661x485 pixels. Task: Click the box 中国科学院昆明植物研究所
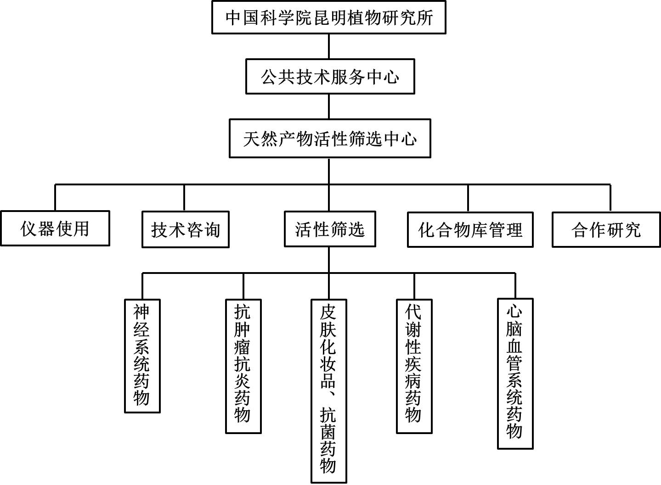pyautogui.click(x=328, y=17)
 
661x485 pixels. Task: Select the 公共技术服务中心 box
pyautogui.click(x=330, y=77)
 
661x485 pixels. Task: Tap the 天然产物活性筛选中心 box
pyautogui.click(x=330, y=139)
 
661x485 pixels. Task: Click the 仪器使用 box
pyautogui.click(x=55, y=229)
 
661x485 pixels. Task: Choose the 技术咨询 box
pyautogui.click(x=185, y=229)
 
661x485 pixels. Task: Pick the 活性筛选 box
pyautogui.click(x=329, y=229)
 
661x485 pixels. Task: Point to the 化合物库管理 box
pyautogui.click(x=470, y=229)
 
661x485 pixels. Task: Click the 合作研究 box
pyautogui.click(x=606, y=229)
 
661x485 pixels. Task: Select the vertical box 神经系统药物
pyautogui.click(x=142, y=356)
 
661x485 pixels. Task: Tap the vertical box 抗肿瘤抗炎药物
pyautogui.click(x=243, y=366)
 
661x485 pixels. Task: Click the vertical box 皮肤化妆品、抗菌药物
pyautogui.click(x=328, y=391)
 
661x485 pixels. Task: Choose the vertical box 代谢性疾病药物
pyautogui.click(x=414, y=366)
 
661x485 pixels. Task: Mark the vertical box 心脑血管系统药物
pyautogui.click(x=515, y=374)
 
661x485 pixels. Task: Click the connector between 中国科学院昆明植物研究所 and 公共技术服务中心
pyautogui.click(x=329, y=46)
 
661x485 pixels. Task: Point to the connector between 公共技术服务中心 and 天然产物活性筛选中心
pyautogui.click(x=329, y=106)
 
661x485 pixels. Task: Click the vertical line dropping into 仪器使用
pyautogui.click(x=55, y=198)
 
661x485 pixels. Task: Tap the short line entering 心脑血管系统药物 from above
pyautogui.click(x=515, y=286)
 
